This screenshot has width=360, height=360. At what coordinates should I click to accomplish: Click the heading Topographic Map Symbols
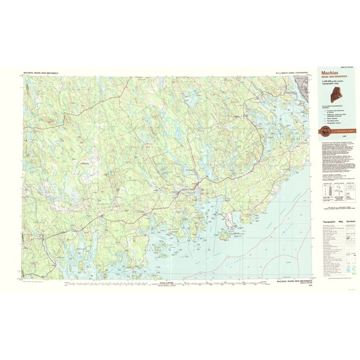(x=338, y=221)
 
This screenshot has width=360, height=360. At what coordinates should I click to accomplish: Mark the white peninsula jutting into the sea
(x=234, y=221)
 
